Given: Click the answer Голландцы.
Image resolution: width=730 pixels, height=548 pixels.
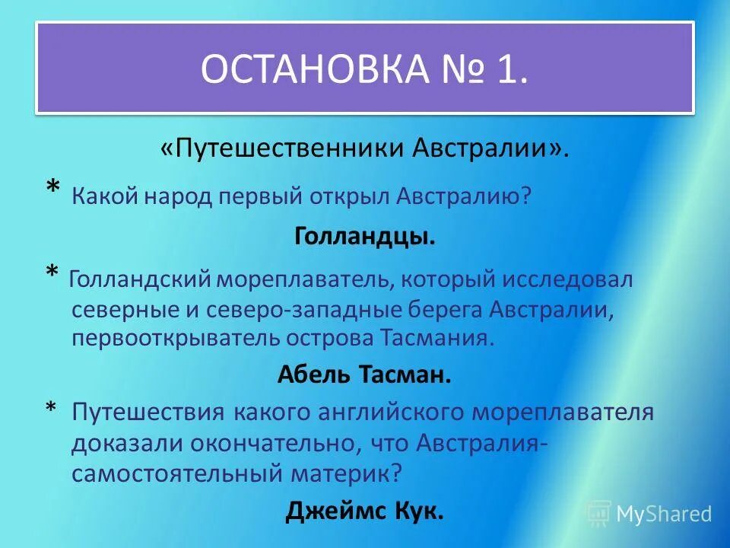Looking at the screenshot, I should (x=365, y=237).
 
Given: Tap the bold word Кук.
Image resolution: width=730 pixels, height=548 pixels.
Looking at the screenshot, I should (x=418, y=511).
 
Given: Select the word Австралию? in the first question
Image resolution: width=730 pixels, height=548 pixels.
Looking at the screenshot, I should (x=464, y=196).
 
